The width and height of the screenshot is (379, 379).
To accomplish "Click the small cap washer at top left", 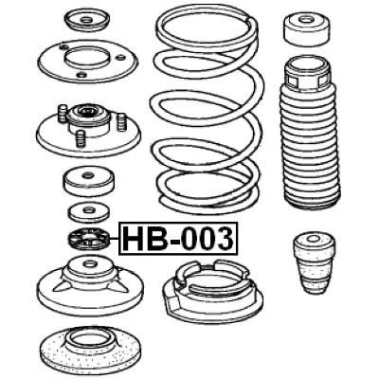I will pyautogui.click(x=83, y=19).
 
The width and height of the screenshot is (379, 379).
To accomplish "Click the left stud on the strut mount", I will pyautogui.click(x=63, y=115).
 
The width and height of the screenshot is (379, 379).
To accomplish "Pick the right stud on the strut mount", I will pyautogui.click(x=122, y=121).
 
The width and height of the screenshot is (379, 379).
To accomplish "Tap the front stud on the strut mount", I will pyautogui.click(x=81, y=137).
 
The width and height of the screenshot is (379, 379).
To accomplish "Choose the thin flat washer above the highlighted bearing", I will pyautogui.click(x=90, y=211).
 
